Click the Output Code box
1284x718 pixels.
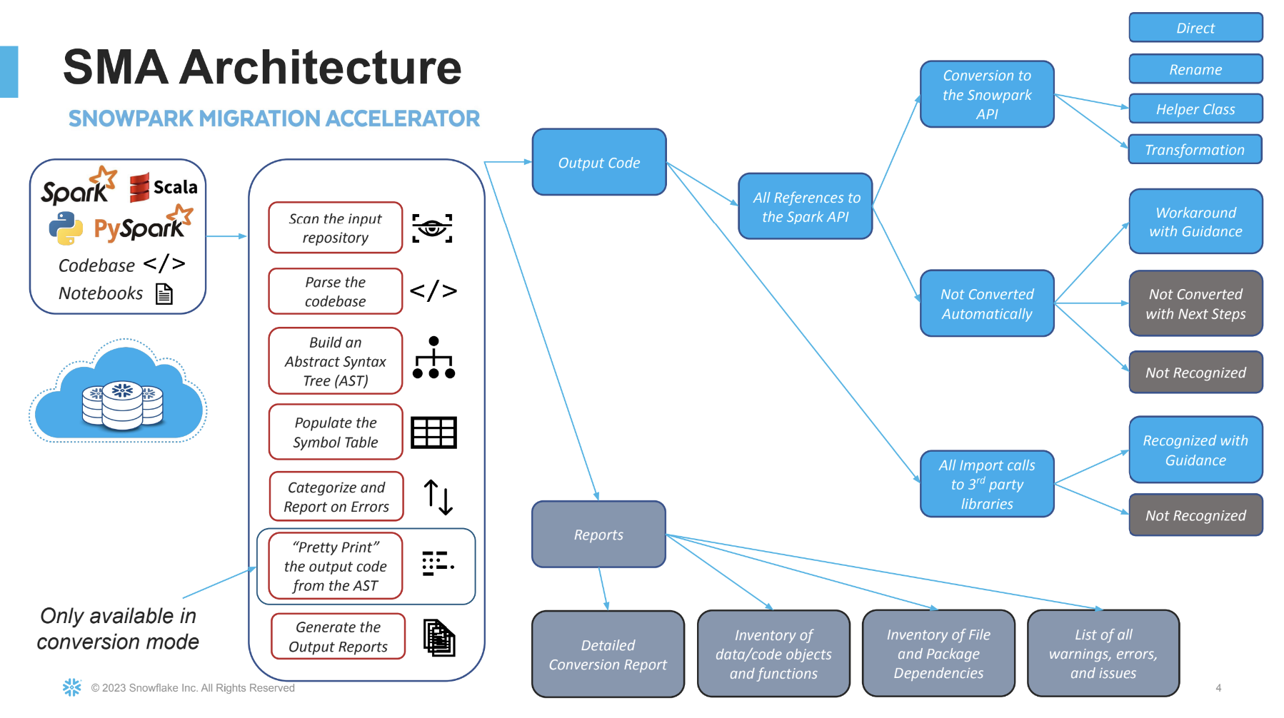pyautogui.click(x=598, y=162)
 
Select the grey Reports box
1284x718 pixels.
pyautogui.click(x=598, y=534)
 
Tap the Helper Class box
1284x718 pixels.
pyautogui.click(x=1195, y=109)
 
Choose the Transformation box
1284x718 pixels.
pyautogui.click(x=1194, y=150)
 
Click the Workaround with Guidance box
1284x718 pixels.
pyautogui.click(x=1195, y=221)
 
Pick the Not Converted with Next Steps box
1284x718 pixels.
pyautogui.click(x=1195, y=303)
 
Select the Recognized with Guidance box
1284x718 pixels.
pyautogui.click(x=1195, y=450)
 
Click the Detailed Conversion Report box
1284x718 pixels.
pyautogui.click(x=608, y=654)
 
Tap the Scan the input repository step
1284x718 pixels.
pyautogui.click(x=335, y=228)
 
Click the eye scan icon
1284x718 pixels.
pyautogui.click(x=432, y=228)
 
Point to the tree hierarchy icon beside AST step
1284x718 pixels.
pyautogui.click(x=433, y=358)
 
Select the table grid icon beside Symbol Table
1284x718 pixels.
pyautogui.click(x=433, y=433)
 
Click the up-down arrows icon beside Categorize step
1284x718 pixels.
pyautogui.click(x=438, y=497)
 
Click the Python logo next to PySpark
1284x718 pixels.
pyautogui.click(x=66, y=228)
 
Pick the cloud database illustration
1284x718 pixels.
pyautogui.click(x=119, y=392)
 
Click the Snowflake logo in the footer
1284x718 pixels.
pyautogui.click(x=71, y=687)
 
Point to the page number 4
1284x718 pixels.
pyautogui.click(x=1218, y=688)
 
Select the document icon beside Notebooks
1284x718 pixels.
pyautogui.click(x=164, y=294)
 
